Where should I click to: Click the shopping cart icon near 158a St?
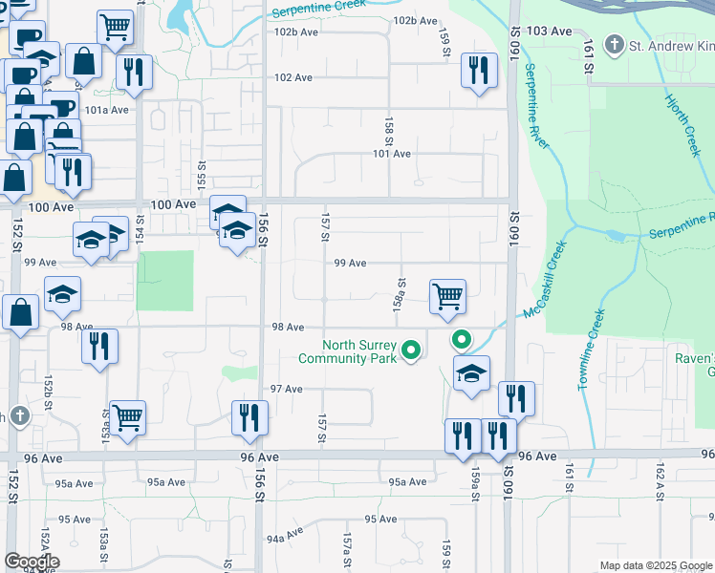(x=447, y=296)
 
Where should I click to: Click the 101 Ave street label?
(x=391, y=154)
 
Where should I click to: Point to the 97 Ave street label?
(x=286, y=390)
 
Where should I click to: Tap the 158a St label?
(x=401, y=294)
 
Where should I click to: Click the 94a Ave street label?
(x=286, y=537)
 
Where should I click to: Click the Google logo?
(x=31, y=562)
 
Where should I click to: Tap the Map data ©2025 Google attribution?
(x=655, y=565)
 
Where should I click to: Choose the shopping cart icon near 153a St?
(x=127, y=417)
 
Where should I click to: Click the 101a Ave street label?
(x=106, y=110)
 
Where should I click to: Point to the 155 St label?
(x=201, y=174)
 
